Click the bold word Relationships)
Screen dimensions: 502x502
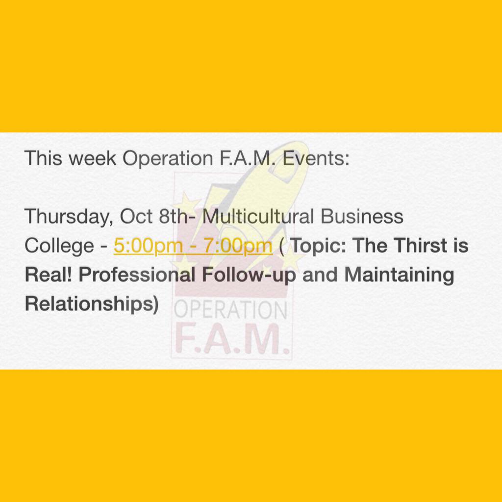(x=92, y=304)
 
